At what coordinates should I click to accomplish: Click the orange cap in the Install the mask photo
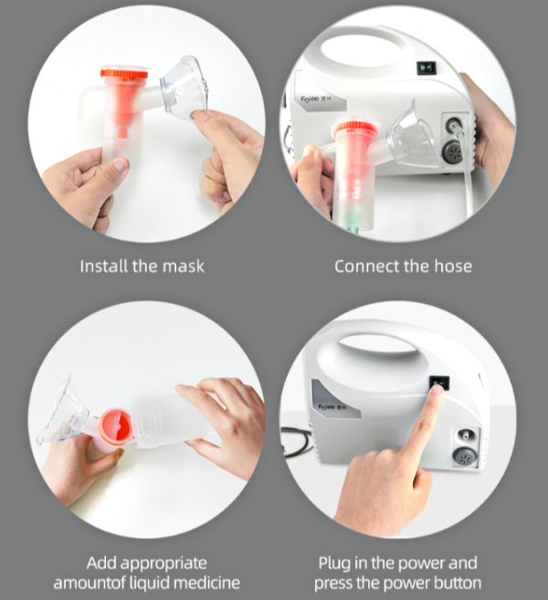[x=123, y=72]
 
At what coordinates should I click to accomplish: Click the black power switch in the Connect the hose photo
[x=424, y=67]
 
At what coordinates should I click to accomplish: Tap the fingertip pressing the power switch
[x=436, y=391]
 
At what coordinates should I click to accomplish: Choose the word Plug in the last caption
[x=334, y=563]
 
